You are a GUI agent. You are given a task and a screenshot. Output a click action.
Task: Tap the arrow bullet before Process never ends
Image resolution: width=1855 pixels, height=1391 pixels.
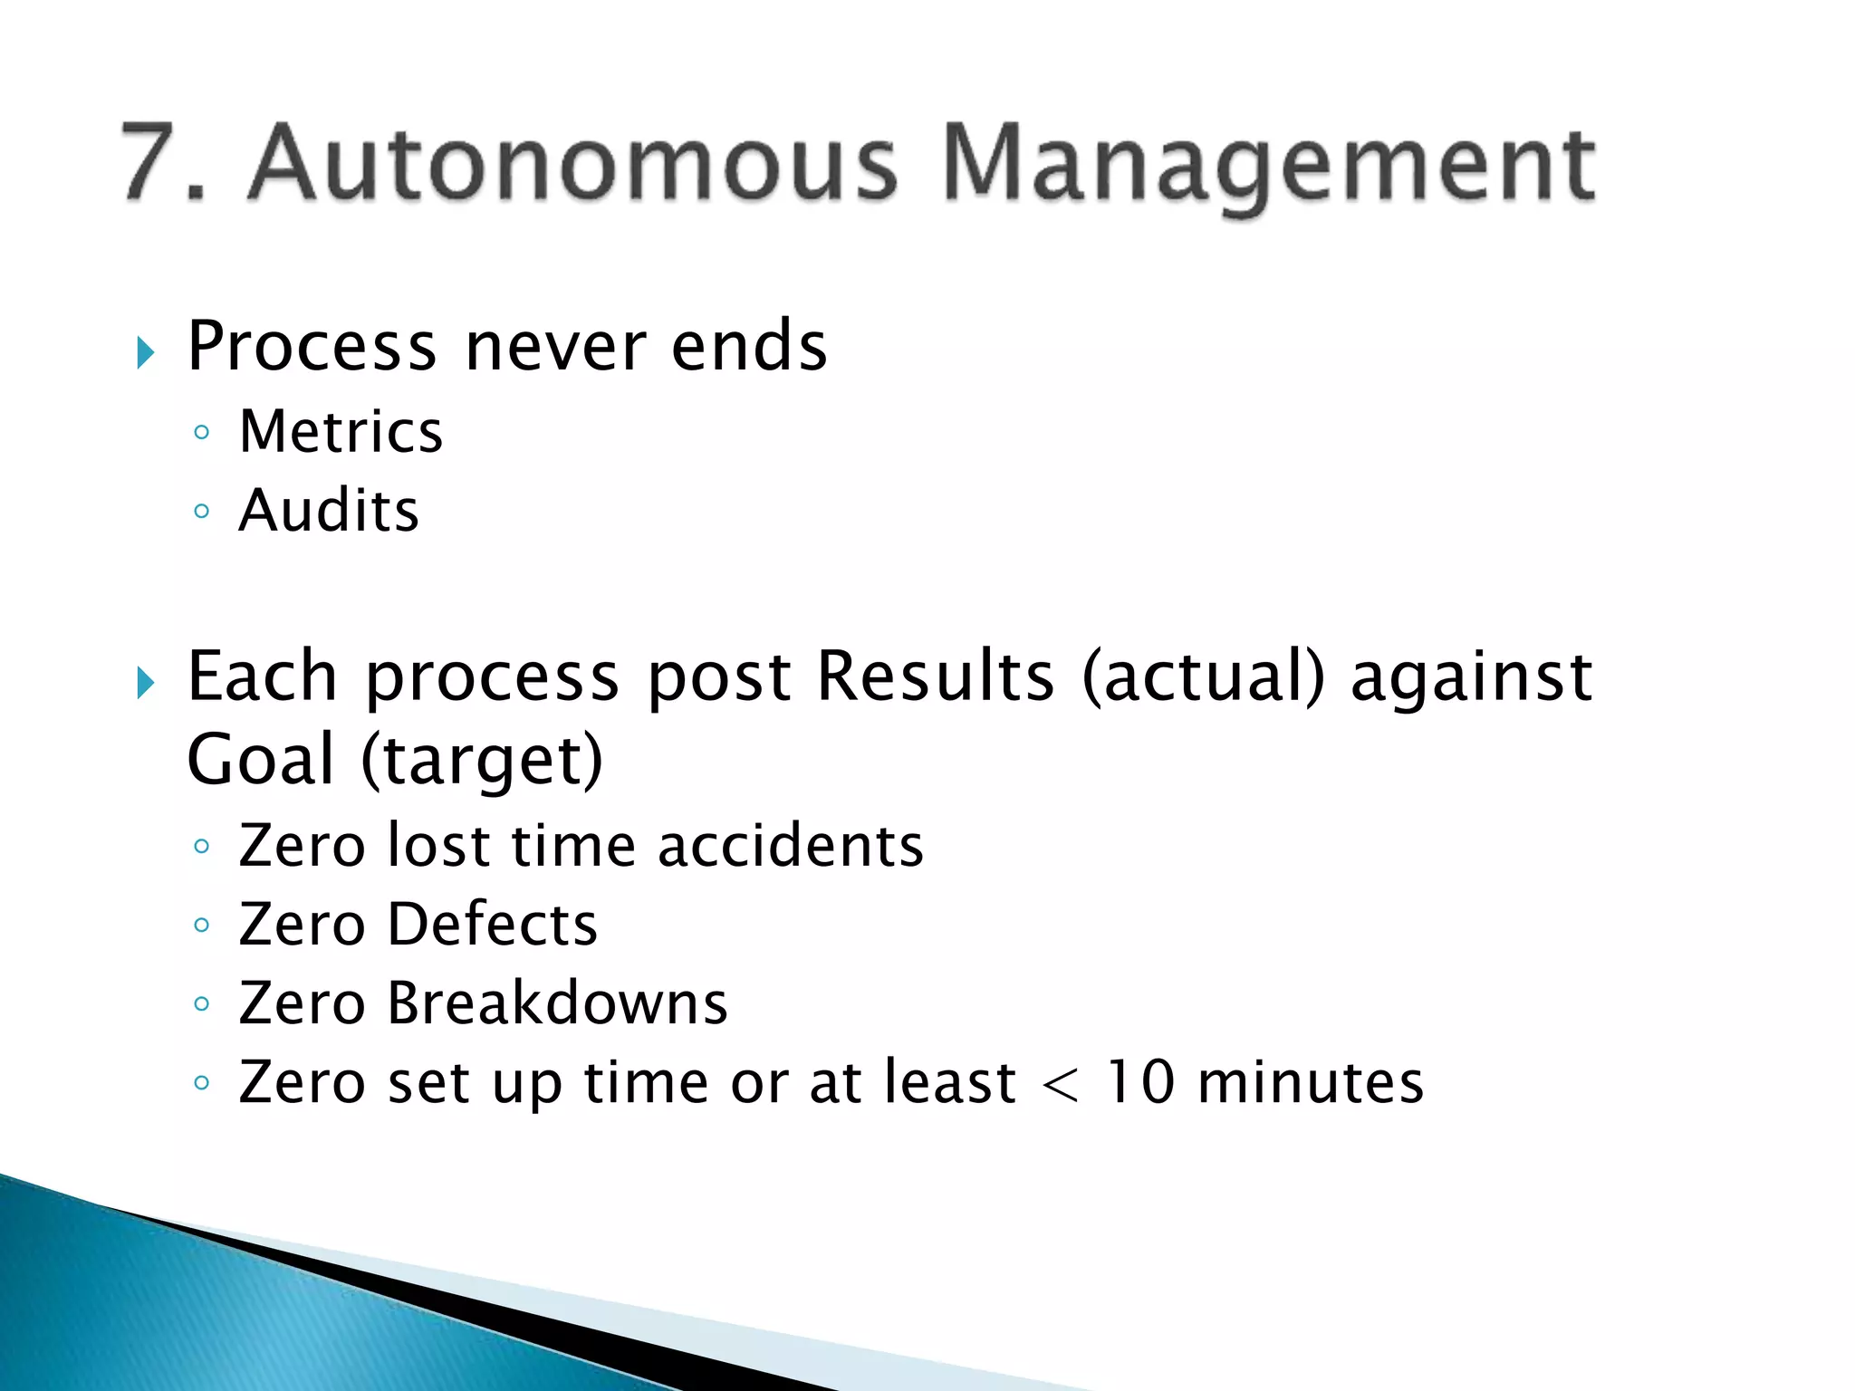click(146, 351)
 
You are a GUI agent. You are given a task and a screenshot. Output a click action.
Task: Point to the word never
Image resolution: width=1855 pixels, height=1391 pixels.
click(555, 348)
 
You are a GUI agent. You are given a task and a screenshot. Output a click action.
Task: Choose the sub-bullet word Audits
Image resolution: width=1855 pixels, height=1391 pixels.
click(329, 511)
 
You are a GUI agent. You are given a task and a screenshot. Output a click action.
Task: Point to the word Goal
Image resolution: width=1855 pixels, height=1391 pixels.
click(261, 760)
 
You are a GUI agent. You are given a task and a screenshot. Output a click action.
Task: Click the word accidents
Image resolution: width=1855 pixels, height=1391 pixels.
click(790, 846)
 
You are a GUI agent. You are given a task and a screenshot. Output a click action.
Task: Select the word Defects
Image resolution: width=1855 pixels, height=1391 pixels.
click(493, 925)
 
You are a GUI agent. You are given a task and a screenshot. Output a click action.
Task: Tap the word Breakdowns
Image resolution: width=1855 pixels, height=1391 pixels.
click(557, 1003)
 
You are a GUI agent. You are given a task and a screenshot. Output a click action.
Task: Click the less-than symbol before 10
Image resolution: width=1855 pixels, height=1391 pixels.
click(1060, 1085)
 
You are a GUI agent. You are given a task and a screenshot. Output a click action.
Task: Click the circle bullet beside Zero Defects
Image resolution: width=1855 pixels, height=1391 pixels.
click(201, 926)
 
